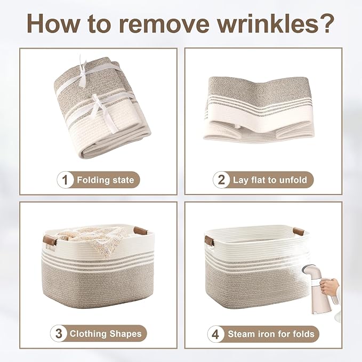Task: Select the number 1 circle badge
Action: (66, 180)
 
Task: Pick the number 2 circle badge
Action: (221, 180)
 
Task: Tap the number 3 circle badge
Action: (59, 334)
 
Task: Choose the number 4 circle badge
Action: (215, 334)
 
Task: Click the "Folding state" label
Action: (106, 180)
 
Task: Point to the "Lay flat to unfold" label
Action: (270, 180)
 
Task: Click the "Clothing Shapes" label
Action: (106, 334)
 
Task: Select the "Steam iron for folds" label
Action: (271, 334)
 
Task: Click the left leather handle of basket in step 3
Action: (50, 241)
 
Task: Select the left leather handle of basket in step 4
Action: (209, 240)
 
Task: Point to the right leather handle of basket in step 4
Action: (299, 231)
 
